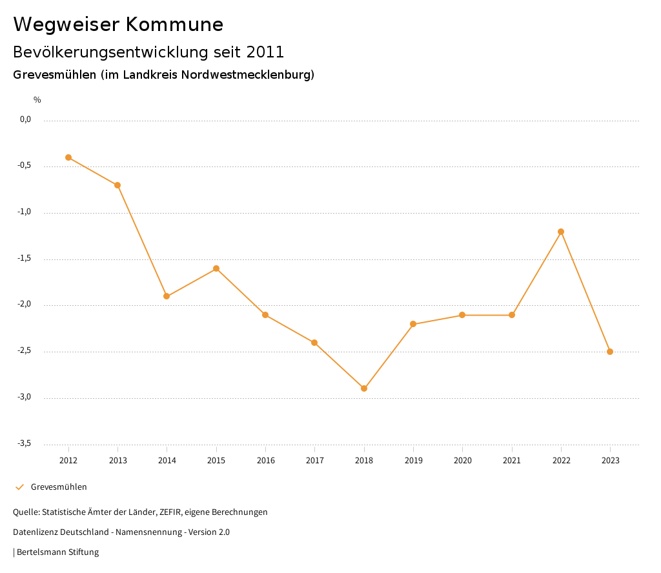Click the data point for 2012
(68, 157)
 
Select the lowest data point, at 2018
(364, 388)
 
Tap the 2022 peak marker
(561, 232)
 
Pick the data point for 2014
(167, 296)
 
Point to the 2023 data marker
(610, 352)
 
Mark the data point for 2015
(216, 268)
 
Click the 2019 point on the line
(413, 324)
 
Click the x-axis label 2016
(265, 461)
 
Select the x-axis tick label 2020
(462, 461)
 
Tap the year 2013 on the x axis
(117, 461)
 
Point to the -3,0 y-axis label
(25, 397)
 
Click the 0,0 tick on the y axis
(26, 119)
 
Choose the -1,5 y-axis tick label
(25, 258)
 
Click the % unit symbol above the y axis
(37, 100)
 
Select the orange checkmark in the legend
(19, 487)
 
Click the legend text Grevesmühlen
(59, 487)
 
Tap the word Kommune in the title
(174, 25)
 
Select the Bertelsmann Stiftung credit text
(57, 552)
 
